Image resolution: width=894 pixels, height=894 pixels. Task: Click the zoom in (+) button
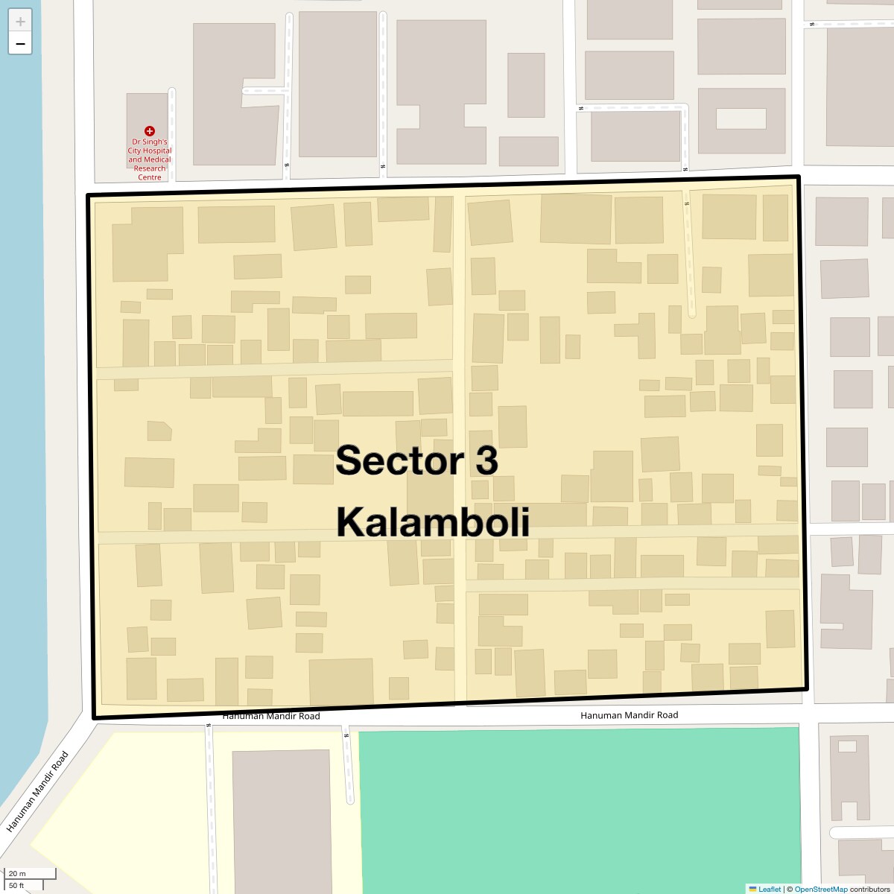pos(20,22)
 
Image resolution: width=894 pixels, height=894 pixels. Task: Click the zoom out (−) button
pos(20,44)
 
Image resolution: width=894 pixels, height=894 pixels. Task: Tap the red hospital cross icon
pos(150,131)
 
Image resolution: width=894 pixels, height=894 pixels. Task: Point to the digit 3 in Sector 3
pos(485,460)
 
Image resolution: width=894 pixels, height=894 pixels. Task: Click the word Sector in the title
pos(394,460)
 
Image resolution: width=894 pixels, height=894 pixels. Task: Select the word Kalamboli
pos(433,521)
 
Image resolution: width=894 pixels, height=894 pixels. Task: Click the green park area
pos(579,805)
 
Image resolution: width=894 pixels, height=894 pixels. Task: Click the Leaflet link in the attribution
pos(770,889)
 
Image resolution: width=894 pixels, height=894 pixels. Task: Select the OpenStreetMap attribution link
pos(820,889)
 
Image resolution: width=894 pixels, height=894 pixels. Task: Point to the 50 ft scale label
pos(17,886)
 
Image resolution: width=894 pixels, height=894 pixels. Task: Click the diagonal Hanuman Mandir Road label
pos(37,792)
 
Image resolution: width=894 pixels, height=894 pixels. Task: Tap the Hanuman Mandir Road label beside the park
pos(630,715)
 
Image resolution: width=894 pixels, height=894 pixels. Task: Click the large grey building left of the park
pos(281,819)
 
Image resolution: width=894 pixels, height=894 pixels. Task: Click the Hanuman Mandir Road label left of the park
pos(271,716)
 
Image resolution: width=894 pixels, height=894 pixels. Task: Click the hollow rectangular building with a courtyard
pos(741,119)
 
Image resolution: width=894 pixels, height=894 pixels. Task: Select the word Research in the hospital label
pos(150,168)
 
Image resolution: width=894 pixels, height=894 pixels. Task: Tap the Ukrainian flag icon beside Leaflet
pos(752,889)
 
